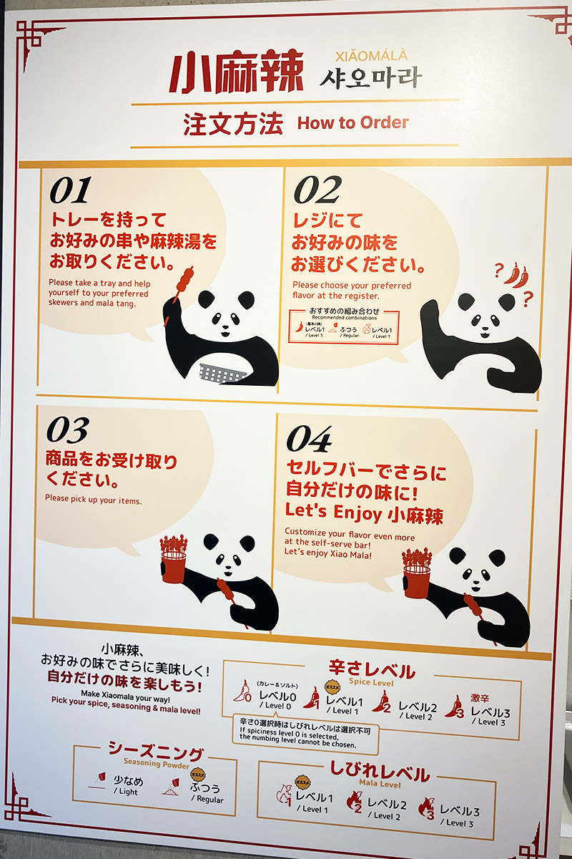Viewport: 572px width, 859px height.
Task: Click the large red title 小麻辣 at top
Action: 236,72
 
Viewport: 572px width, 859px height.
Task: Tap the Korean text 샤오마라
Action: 370,77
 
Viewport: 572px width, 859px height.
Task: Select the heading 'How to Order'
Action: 352,122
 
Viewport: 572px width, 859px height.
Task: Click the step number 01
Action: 70,191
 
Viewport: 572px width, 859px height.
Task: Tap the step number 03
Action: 67,430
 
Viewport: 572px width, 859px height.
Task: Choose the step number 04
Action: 309,440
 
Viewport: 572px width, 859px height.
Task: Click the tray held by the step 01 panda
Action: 223,373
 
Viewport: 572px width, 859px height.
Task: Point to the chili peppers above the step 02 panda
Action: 517,274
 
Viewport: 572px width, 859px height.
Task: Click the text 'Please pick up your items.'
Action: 94,500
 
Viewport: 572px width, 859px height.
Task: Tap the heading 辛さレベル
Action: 371,671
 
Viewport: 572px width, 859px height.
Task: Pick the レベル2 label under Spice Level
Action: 418,708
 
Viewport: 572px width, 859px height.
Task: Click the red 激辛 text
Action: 480,698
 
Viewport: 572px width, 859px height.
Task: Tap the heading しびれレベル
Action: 380,773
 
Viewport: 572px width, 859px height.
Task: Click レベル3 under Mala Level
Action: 459,812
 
